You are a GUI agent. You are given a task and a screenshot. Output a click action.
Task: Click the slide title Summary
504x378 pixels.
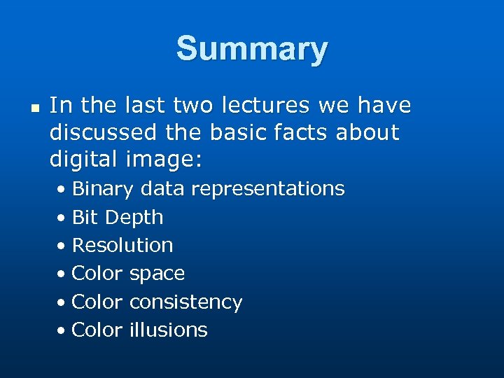pos(251,50)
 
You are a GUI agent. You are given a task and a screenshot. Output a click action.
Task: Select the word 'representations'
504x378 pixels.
pos(267,190)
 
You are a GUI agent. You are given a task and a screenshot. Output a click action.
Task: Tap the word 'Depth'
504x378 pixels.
pos(134,218)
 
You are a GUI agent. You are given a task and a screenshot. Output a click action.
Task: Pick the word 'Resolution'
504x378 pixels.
pos(122,246)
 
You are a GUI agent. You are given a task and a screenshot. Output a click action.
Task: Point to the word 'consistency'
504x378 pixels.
pos(185,302)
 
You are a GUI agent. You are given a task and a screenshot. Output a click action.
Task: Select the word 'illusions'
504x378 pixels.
pos(168,330)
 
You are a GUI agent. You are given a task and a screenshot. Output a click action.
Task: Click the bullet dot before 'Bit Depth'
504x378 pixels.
pos(62,218)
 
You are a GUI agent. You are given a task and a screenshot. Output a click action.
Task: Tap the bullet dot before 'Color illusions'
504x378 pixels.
pos(62,330)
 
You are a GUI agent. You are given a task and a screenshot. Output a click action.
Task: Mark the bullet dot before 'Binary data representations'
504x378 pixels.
pos(62,190)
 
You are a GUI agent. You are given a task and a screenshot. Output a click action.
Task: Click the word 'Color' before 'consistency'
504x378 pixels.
pos(97,302)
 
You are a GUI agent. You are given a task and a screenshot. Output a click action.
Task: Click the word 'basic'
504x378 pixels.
pos(245,132)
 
